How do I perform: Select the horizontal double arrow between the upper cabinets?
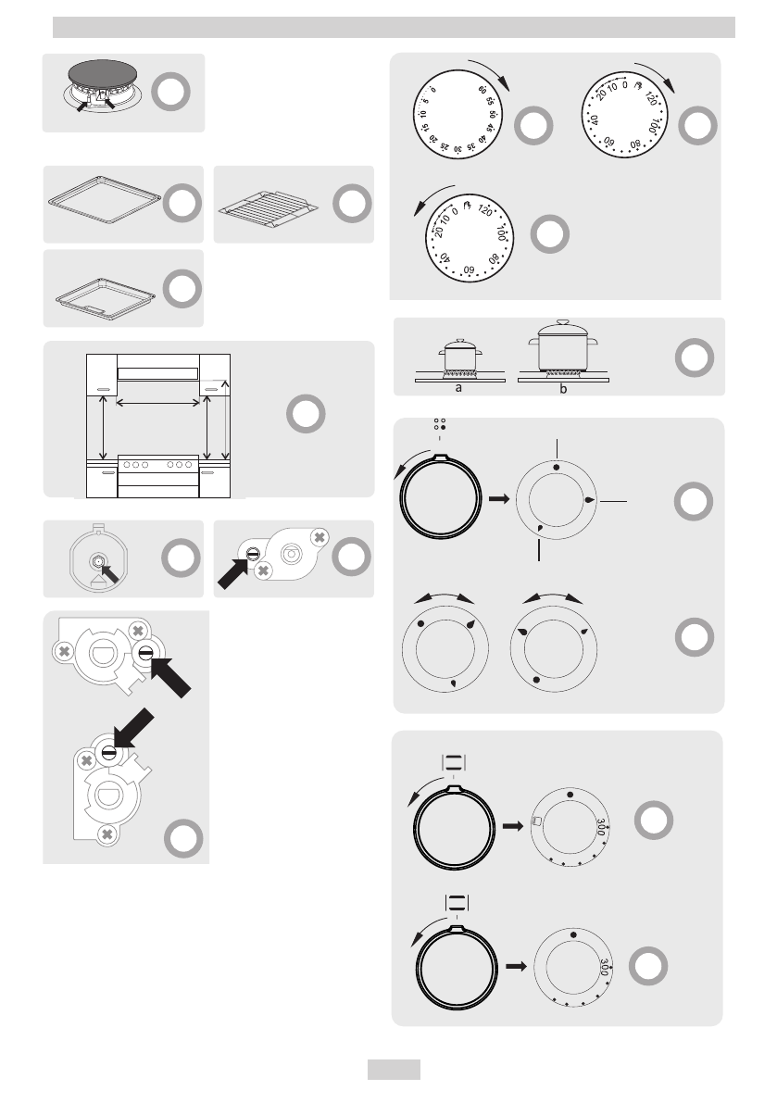(x=158, y=402)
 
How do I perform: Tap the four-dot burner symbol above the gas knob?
(x=439, y=426)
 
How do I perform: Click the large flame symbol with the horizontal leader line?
(x=590, y=500)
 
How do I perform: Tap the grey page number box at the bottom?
(x=394, y=1070)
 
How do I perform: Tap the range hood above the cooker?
(x=158, y=373)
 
